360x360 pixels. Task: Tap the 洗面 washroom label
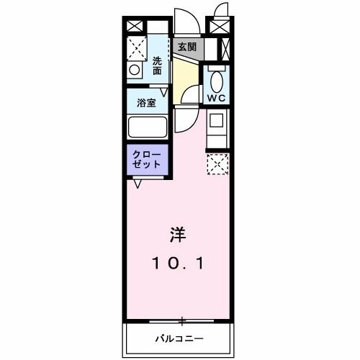point(157,66)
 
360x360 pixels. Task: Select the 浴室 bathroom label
point(146,102)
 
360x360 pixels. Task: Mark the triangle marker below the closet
point(137,183)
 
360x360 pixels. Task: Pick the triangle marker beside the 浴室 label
point(164,92)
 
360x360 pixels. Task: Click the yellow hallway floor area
point(185,75)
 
